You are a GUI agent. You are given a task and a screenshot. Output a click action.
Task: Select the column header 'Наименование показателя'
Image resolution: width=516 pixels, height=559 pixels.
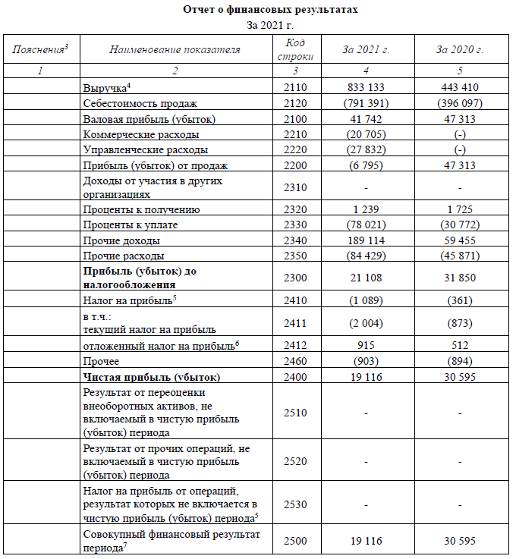(175, 50)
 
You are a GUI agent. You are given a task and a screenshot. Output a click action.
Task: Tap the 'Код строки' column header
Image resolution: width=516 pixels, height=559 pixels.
(295, 50)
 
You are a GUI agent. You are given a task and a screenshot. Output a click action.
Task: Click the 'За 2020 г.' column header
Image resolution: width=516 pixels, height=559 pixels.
(460, 50)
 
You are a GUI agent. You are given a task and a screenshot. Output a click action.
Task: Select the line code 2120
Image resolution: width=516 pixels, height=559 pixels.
(295, 103)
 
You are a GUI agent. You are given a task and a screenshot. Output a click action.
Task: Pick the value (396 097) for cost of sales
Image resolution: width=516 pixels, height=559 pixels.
(460, 103)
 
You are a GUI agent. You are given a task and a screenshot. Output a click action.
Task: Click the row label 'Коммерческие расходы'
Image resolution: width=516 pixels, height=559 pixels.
(141, 134)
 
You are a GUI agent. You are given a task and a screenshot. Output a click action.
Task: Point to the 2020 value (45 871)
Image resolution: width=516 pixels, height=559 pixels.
(460, 256)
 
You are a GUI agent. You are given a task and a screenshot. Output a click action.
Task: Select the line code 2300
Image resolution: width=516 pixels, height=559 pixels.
(295, 278)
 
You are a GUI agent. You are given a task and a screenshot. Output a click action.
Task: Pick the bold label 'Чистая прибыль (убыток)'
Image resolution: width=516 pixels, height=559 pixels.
(152, 377)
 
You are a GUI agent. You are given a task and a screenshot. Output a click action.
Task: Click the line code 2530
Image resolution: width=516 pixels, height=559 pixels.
(295, 503)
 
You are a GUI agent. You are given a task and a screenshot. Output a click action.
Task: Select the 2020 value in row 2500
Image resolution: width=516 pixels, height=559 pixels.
(460, 541)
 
